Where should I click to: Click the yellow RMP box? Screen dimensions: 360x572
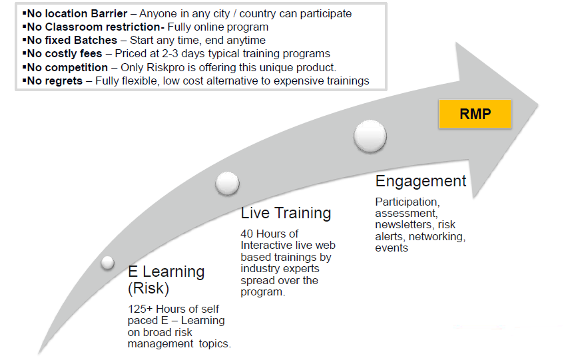[475, 114]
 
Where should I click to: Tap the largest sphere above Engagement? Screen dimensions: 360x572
[370, 136]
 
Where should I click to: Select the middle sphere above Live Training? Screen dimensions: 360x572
[228, 183]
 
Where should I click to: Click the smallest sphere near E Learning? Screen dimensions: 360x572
[108, 262]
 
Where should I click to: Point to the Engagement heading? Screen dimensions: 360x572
[421, 182]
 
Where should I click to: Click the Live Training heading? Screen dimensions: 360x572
[286, 214]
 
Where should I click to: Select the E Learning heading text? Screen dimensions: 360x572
[166, 271]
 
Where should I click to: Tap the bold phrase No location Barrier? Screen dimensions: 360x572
[77, 13]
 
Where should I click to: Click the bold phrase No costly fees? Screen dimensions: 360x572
[65, 54]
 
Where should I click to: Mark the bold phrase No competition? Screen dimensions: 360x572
[67, 67]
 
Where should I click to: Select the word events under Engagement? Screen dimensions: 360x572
[392, 248]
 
